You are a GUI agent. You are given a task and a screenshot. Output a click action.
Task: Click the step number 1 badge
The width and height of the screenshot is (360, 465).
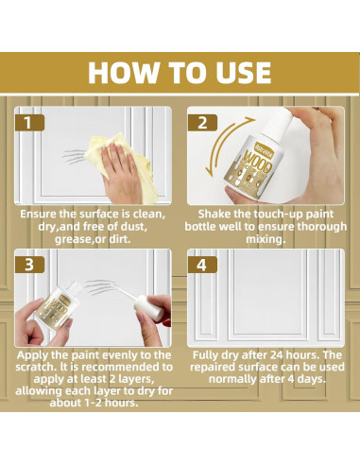tap(29, 122)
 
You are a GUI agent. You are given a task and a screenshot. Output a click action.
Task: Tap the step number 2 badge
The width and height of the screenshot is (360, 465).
tap(202, 122)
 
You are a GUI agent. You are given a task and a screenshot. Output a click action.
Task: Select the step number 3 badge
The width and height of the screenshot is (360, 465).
tap(29, 265)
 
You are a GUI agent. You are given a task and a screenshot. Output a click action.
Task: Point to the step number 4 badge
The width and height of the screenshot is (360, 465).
tap(202, 265)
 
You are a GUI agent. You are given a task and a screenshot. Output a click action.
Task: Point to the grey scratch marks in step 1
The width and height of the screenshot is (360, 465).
tap(74, 157)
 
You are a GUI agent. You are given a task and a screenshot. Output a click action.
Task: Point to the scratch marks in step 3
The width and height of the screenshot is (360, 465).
tap(100, 286)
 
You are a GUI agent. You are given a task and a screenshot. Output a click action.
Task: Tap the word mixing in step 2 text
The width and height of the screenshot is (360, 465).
tap(266, 239)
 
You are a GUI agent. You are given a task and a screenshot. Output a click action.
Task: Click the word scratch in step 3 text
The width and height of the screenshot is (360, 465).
tap(35, 367)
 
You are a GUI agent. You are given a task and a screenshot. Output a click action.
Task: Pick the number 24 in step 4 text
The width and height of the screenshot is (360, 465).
tap(273, 355)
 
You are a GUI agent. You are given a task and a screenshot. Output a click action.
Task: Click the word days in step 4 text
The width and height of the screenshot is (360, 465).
tap(311, 379)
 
